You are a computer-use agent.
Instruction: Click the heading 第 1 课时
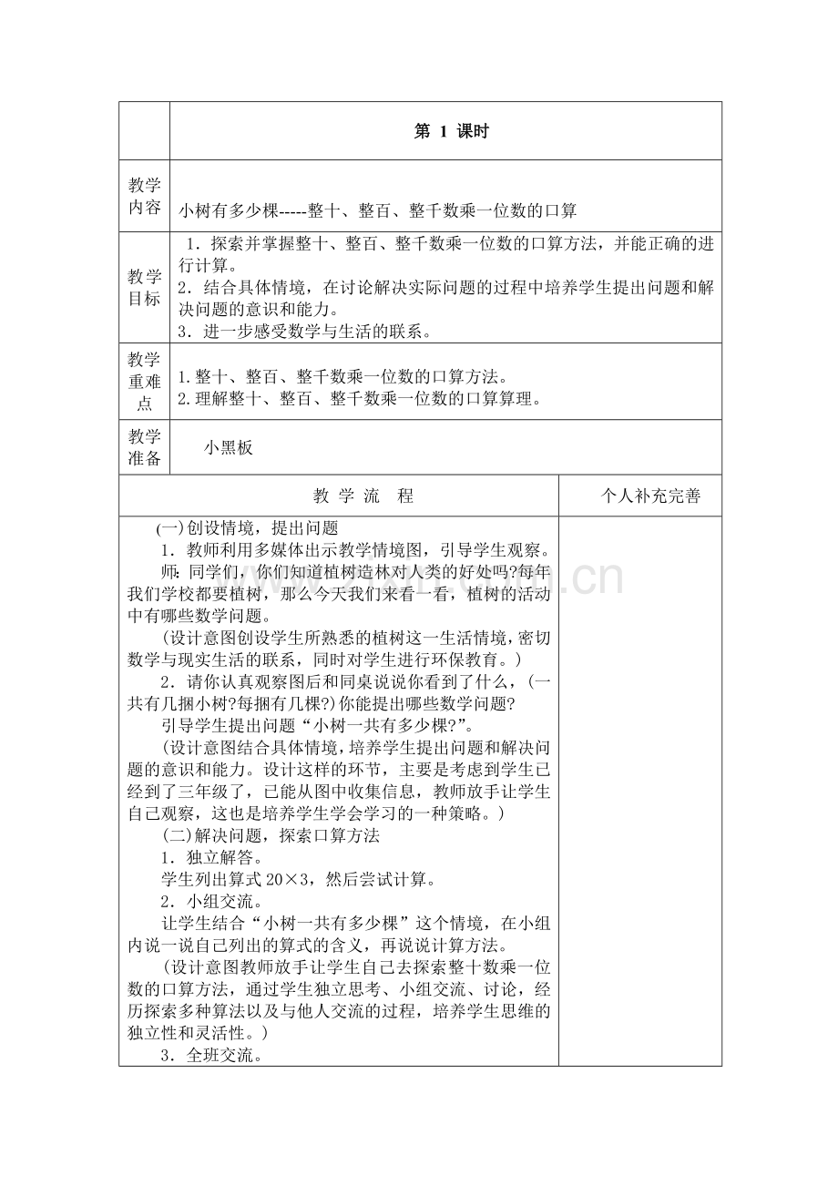tap(451, 131)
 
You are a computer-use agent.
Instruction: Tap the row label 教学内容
tap(144, 196)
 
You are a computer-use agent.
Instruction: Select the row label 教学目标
tap(144, 287)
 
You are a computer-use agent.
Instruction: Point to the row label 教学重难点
tap(144, 382)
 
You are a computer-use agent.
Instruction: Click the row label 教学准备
tap(144, 447)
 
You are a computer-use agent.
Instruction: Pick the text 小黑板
tap(228, 447)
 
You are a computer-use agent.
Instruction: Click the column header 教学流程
tap(363, 496)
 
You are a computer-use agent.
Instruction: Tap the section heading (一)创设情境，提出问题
tap(247, 528)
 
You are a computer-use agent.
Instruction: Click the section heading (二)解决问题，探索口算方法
tap(271, 835)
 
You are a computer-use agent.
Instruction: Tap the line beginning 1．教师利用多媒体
tap(354, 550)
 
